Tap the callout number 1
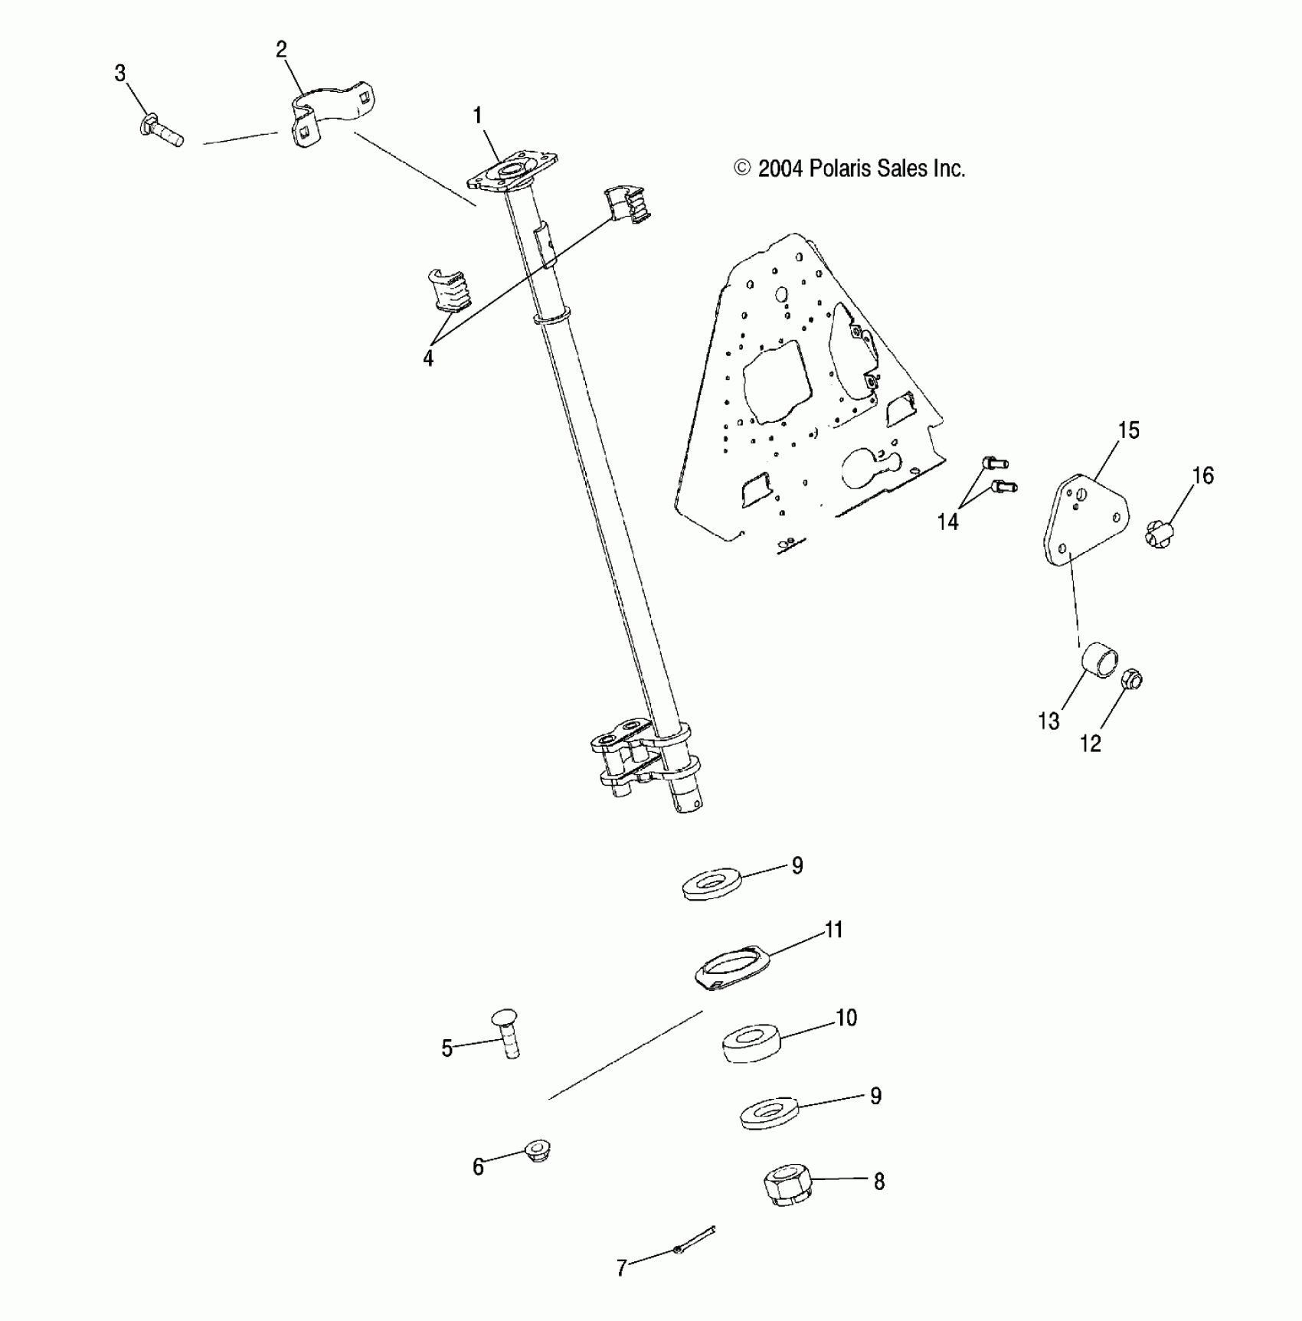point(478,116)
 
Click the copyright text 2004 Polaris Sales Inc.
point(849,168)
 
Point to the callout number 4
point(428,358)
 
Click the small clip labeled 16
point(1160,533)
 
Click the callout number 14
point(948,522)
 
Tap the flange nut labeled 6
point(537,1151)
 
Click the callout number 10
point(846,1018)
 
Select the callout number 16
point(1203,476)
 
